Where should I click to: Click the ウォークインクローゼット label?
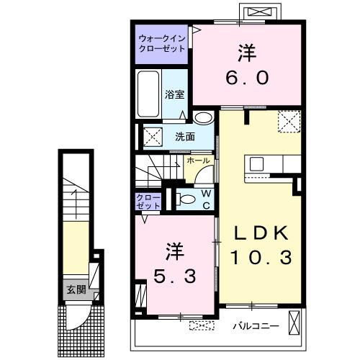162,42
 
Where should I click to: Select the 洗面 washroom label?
184,136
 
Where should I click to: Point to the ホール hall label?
199,161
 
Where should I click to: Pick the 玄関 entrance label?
76,290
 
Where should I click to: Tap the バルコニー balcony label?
255,326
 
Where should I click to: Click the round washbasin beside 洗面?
204,118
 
